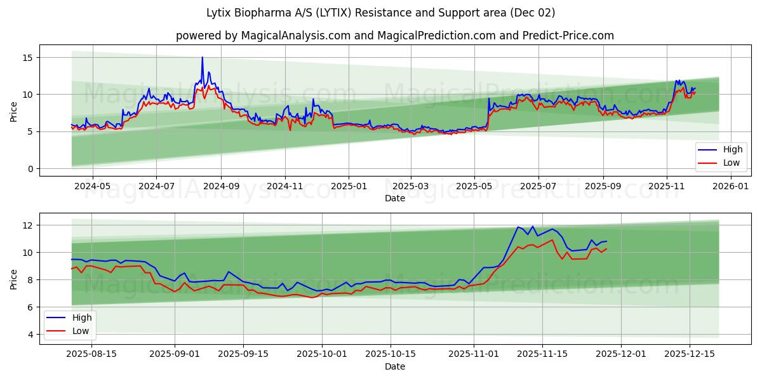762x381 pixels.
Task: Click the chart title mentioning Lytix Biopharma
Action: point(380,13)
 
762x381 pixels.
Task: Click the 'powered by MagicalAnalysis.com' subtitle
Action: point(394,36)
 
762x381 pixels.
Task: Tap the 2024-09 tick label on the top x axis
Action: point(221,186)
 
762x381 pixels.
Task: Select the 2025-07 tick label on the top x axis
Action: point(538,186)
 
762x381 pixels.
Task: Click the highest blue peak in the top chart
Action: point(203,57)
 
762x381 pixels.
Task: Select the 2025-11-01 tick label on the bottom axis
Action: point(474,354)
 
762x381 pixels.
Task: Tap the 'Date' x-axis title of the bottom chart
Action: point(394,366)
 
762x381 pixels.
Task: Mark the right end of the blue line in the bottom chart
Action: point(606,241)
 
